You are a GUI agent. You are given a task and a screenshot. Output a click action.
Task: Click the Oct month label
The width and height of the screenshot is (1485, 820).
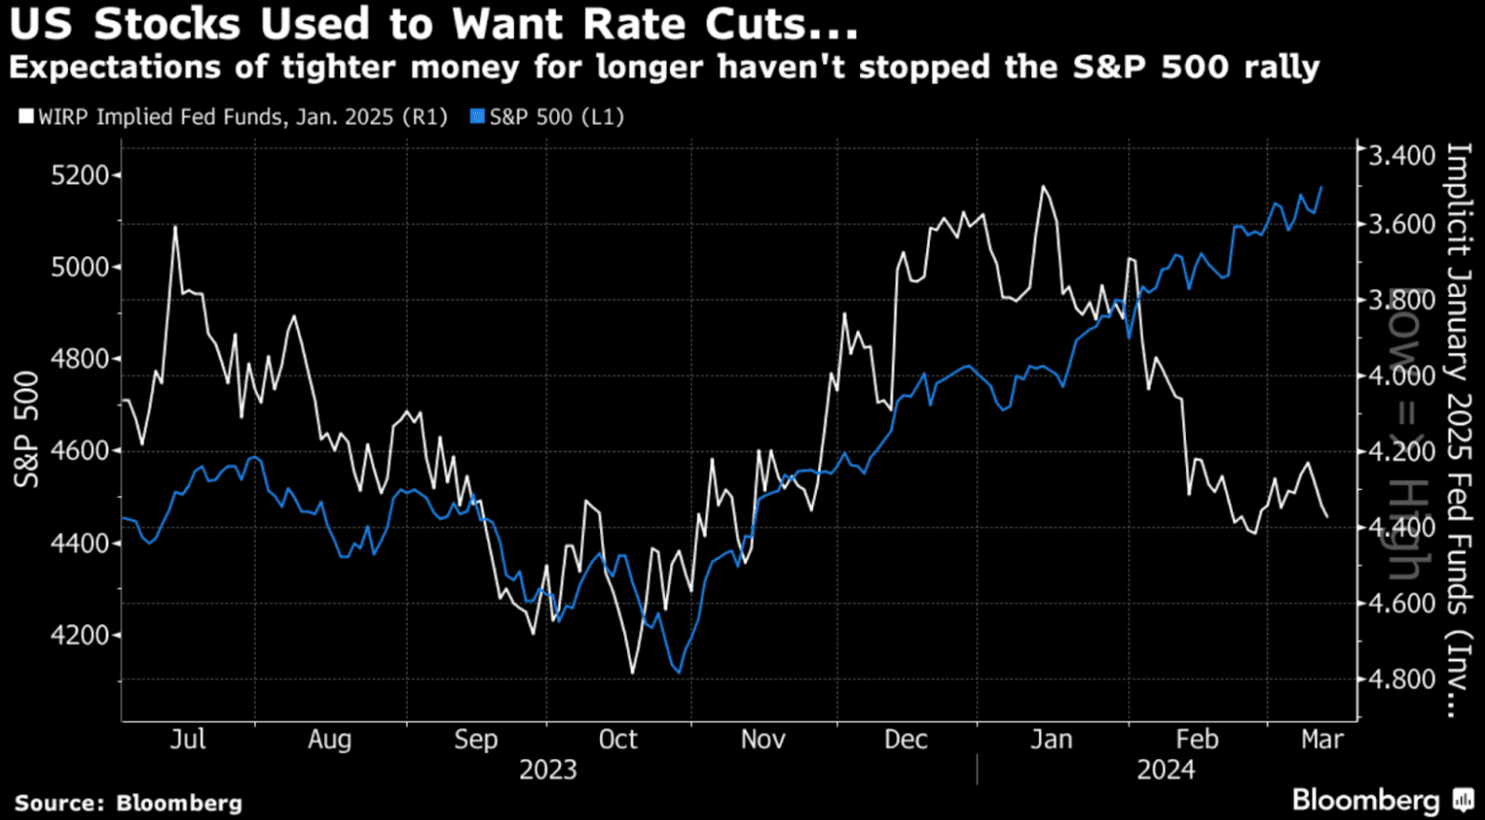point(617,740)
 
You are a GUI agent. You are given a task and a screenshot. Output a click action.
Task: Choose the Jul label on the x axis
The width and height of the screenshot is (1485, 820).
point(187,740)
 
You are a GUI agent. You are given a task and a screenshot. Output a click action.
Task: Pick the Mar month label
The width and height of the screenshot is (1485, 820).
point(1323,740)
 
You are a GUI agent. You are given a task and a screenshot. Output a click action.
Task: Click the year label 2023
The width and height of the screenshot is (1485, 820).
point(548,770)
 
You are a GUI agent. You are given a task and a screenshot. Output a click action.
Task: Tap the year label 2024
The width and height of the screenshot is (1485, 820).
point(1166,770)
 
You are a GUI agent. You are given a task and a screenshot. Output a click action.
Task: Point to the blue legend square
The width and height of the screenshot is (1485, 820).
point(478,118)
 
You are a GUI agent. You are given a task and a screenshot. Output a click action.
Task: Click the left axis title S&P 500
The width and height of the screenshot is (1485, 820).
point(27,430)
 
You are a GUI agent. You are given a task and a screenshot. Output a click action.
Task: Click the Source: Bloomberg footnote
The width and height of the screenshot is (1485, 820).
point(128,804)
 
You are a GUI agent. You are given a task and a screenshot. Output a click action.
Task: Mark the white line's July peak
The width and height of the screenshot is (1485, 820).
point(176,227)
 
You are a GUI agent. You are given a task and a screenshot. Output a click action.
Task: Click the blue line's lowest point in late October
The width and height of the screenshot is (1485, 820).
point(678,673)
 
